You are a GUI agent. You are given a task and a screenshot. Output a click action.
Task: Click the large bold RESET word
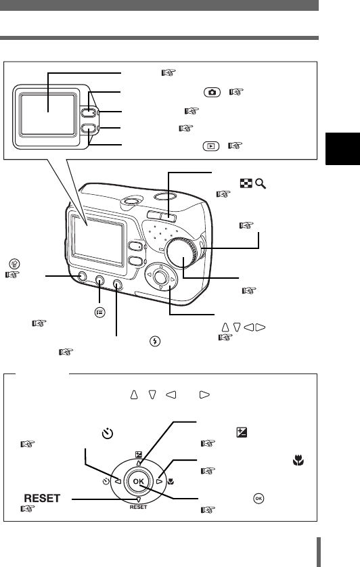pos(42,498)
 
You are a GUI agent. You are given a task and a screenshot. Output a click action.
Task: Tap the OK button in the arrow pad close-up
pos(139,481)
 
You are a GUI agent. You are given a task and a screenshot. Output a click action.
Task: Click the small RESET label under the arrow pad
pos(139,507)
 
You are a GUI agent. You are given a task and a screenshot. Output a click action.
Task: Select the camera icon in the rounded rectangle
pos(212,92)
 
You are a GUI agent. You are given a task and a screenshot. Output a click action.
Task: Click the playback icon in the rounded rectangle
pos(211,146)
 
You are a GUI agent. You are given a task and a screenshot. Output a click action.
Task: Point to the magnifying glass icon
pos(261,183)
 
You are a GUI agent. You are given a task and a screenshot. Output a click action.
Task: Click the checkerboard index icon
pos(246,183)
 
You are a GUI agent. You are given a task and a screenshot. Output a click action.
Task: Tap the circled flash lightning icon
pos(155,341)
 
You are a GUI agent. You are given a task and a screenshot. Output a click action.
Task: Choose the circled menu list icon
pos(100,313)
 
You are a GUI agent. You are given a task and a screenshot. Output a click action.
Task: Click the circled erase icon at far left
pos(15,264)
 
